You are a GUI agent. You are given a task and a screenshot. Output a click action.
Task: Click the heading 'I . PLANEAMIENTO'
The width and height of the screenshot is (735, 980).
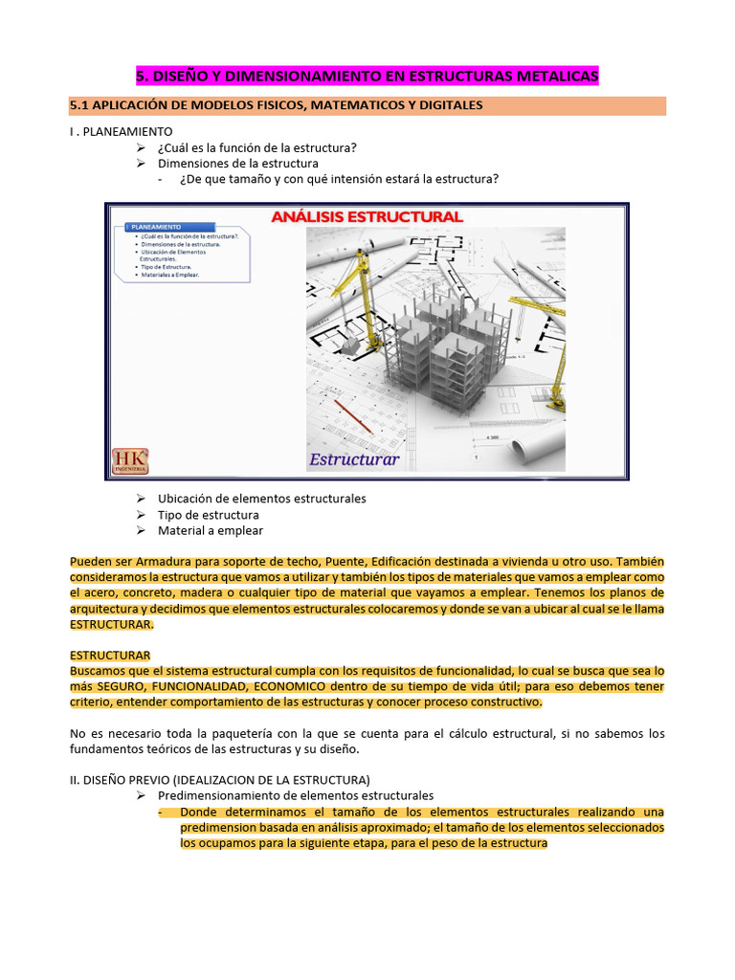coord(122,131)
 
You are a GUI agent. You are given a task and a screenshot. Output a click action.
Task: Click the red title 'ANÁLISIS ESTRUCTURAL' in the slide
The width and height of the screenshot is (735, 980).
coord(367,217)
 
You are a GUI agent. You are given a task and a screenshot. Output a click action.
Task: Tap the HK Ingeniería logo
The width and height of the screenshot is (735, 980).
coord(130,460)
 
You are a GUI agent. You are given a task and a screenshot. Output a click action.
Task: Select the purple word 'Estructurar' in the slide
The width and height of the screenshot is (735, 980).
coord(353,459)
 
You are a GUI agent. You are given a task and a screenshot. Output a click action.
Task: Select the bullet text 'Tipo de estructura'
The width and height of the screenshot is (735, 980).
coord(208,515)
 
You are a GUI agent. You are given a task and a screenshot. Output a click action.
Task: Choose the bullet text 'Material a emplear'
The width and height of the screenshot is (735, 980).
coord(210,530)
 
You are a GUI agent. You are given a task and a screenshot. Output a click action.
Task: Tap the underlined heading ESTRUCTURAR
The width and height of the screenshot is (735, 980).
coord(110,656)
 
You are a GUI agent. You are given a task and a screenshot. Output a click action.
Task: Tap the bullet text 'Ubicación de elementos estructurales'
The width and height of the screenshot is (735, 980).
coord(261,499)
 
